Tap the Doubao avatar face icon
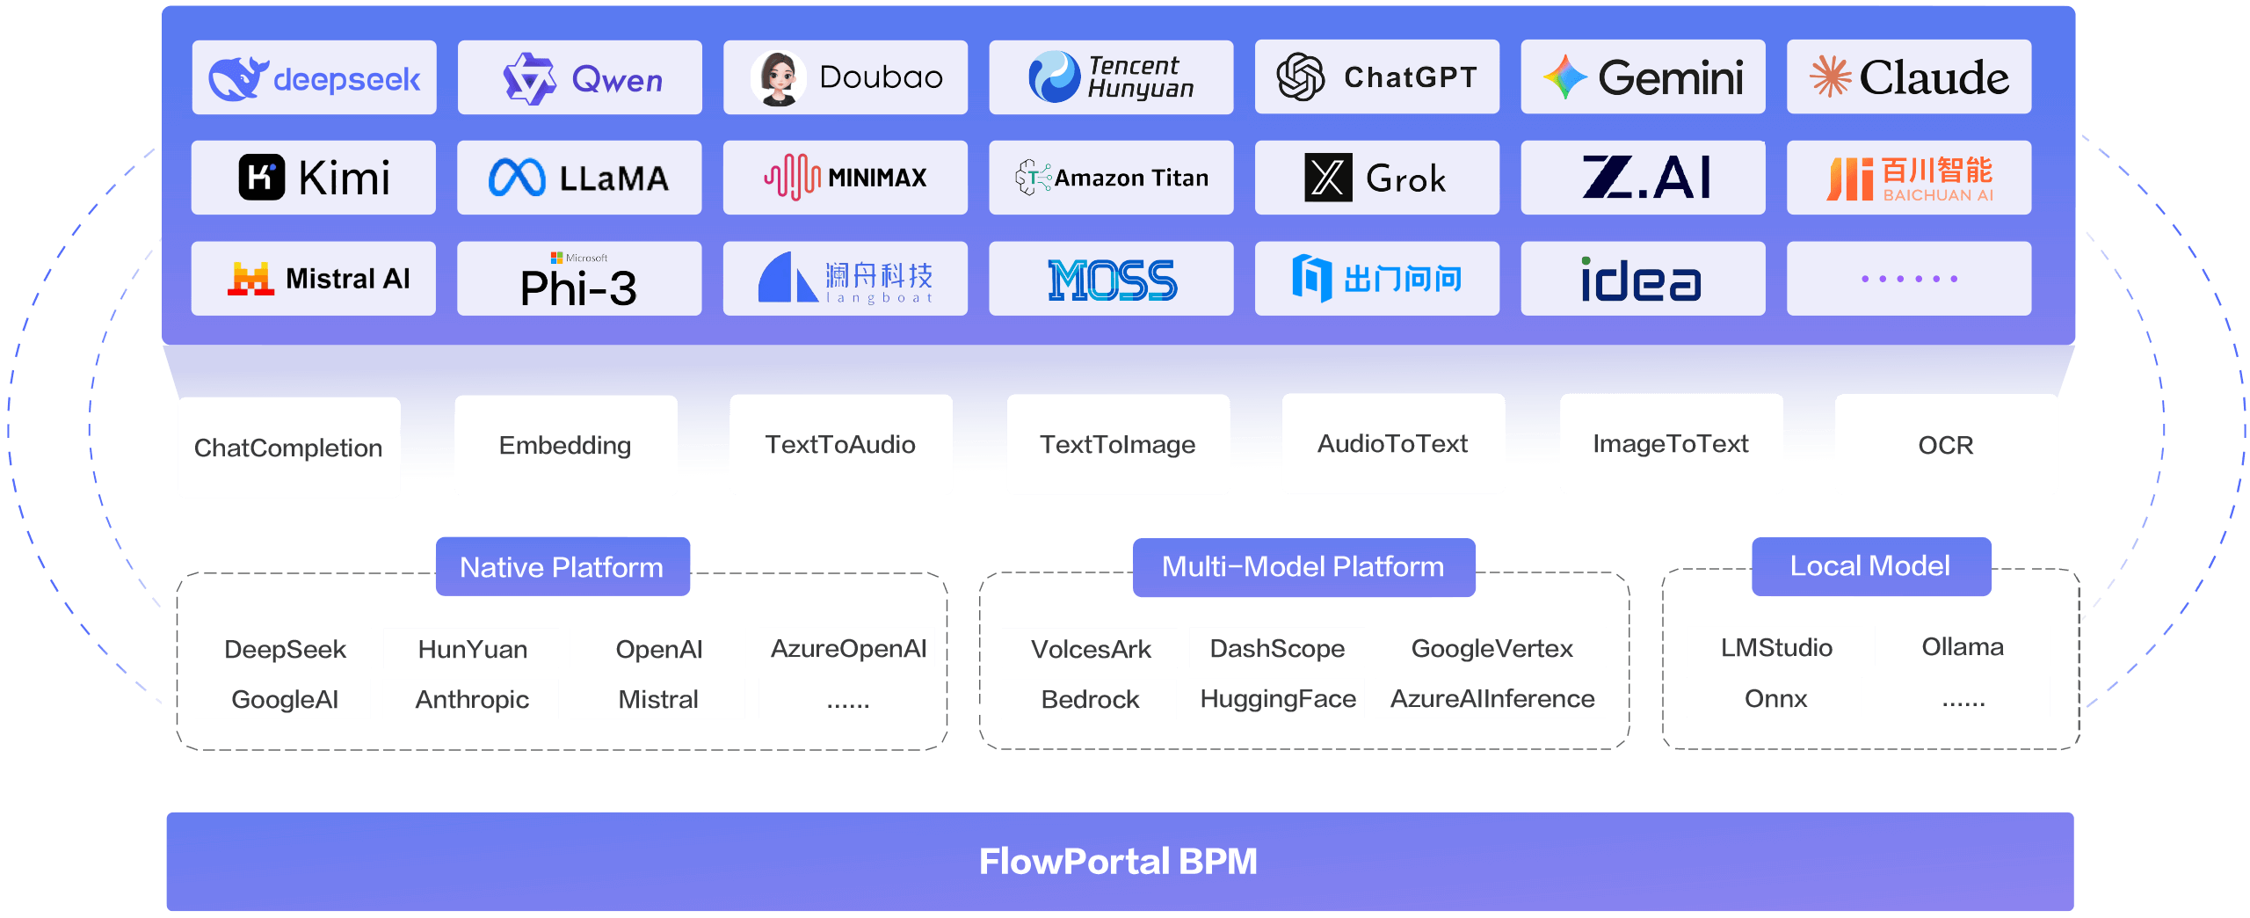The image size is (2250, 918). (778, 78)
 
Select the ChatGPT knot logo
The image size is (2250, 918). (1301, 77)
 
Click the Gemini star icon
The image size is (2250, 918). (1564, 77)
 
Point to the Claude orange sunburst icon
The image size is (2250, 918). (1830, 76)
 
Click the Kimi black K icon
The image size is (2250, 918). (262, 178)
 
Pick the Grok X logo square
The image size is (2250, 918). (1328, 178)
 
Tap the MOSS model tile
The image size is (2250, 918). (1111, 279)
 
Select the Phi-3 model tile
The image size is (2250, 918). (579, 279)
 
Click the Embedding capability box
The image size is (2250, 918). (565, 445)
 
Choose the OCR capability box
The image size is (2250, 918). (1946, 445)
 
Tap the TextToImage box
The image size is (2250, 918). (1117, 444)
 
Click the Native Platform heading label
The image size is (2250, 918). (562, 567)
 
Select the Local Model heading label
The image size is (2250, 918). (1870, 566)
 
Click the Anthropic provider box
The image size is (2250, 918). (471, 699)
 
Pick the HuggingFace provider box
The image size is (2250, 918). (1277, 698)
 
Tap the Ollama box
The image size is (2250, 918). (1963, 647)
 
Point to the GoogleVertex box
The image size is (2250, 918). (1492, 648)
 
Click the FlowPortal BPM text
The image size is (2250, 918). (1118, 862)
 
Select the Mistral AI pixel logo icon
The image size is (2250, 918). (250, 279)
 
